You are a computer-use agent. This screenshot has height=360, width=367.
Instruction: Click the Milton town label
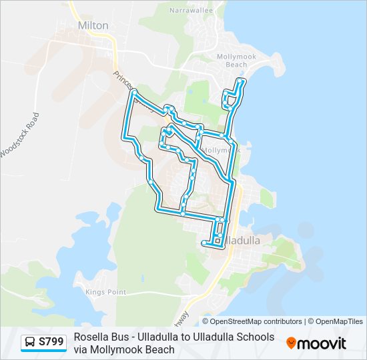93,25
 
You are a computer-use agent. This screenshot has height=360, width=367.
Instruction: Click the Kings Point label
105,292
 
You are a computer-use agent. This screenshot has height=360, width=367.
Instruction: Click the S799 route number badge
51,342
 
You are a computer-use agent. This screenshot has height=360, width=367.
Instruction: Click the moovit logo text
322,343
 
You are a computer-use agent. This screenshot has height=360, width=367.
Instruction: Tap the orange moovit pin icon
291,343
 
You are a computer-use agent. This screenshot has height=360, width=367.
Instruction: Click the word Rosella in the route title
91,337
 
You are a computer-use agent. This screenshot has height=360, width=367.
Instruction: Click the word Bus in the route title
119,337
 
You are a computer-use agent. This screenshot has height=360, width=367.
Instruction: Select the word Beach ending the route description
159,349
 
